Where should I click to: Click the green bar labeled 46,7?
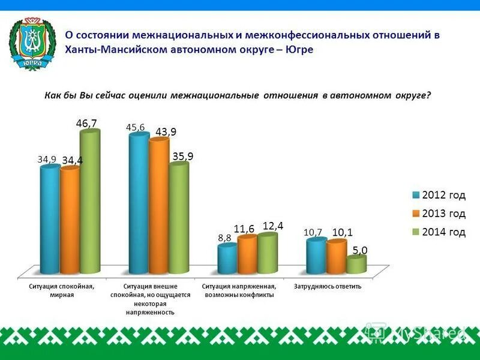tap(89, 204)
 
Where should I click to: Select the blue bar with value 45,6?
tap(139, 204)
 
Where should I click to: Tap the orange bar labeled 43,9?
tap(158, 207)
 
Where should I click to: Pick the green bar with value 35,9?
tap(178, 219)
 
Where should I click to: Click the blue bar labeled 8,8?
tap(227, 260)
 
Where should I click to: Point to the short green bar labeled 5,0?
tap(356, 266)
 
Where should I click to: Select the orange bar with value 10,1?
tap(336, 258)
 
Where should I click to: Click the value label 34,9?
tap(47, 160)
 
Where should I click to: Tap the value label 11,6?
tap(244, 229)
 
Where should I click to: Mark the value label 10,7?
tap(313, 232)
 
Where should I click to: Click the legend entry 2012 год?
tap(443, 195)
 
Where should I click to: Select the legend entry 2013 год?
tap(443, 214)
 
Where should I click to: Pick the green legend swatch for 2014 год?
tap(415, 232)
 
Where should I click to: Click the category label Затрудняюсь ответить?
tap(328, 286)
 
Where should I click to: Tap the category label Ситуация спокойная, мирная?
tap(61, 290)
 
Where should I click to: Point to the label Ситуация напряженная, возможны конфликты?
tap(239, 290)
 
